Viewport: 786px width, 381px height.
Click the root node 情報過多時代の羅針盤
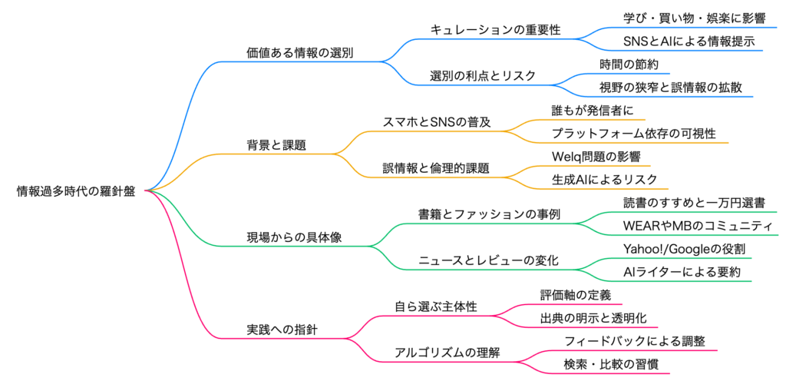tap(76, 191)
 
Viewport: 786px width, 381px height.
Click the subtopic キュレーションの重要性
tap(495, 30)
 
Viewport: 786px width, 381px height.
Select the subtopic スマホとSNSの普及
tap(436, 122)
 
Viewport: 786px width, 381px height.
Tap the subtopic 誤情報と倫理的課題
tap(436, 168)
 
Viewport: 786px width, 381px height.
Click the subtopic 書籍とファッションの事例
tap(489, 214)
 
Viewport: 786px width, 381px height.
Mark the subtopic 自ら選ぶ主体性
tap(435, 306)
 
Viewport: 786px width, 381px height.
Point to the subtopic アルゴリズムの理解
tap(435, 353)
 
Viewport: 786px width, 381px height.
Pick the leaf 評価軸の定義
tap(576, 295)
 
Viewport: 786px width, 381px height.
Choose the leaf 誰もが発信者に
tap(593, 111)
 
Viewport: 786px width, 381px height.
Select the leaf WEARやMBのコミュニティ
tap(697, 226)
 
